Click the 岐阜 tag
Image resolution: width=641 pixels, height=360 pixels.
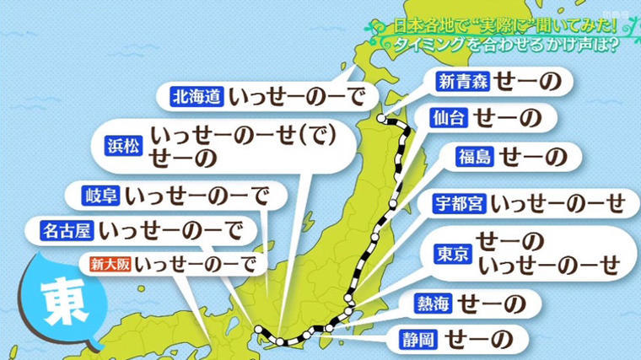(100, 196)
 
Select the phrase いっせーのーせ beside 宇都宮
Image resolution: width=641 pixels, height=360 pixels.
(558, 203)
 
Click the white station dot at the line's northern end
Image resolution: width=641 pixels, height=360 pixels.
(381, 119)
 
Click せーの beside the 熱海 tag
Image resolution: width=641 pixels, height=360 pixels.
(497, 303)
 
